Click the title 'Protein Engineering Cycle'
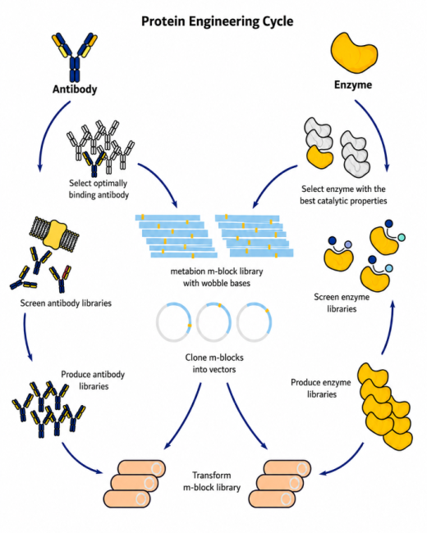coord(218,21)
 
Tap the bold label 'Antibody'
coord(75,89)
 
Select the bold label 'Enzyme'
coord(353,84)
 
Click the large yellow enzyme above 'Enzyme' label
coord(354,52)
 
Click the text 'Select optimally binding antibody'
coord(99,189)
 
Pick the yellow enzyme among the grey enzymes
coord(319,157)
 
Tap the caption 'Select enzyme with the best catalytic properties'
coord(343,195)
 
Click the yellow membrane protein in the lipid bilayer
coord(55,233)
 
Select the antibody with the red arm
coord(61,279)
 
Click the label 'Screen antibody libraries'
coord(66,303)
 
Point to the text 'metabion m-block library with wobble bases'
coord(217,277)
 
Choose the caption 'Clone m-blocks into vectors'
coord(214,363)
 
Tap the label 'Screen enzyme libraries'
coord(342,303)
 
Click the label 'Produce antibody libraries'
coord(93,380)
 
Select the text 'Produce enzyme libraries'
coord(321,388)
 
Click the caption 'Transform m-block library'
coord(212,481)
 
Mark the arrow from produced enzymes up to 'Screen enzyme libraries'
coord(389,328)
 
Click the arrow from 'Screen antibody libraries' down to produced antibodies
coord(26,336)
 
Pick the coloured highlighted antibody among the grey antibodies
coord(94,163)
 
